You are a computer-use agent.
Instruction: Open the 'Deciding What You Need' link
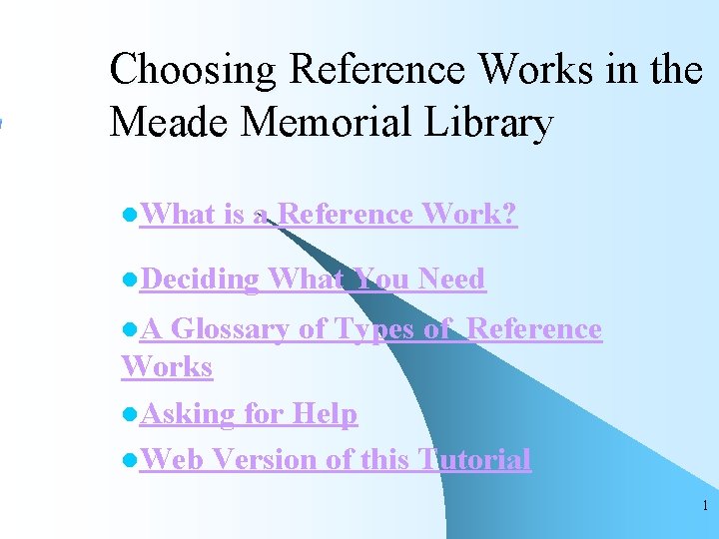pyautogui.click(x=312, y=278)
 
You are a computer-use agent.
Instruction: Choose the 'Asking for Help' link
pyautogui.click(x=248, y=413)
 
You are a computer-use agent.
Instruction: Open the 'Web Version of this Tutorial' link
pyautogui.click(x=335, y=459)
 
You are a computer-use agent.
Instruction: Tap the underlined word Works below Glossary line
pyautogui.click(x=167, y=366)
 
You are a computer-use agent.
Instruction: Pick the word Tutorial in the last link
pyautogui.click(x=474, y=459)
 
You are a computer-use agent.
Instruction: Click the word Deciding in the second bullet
pyautogui.click(x=200, y=278)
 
